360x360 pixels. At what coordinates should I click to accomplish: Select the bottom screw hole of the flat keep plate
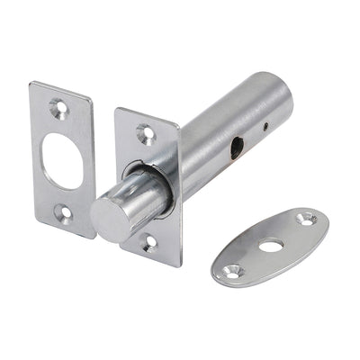tap(65, 212)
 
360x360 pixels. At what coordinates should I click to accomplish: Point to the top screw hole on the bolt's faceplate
tap(144, 132)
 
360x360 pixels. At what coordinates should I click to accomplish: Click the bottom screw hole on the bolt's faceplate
tap(150, 241)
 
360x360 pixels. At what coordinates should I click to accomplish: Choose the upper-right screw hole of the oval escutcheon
tap(306, 218)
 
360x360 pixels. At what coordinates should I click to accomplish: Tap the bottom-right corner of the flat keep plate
tap(93, 236)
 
